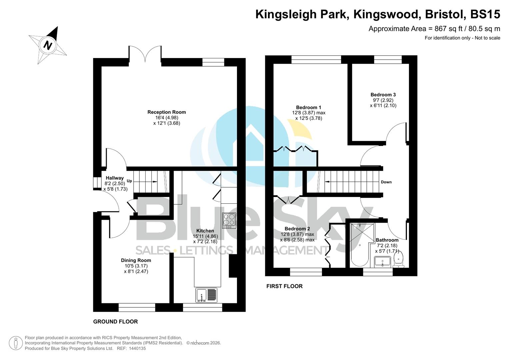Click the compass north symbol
coord(48,45)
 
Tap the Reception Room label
coord(166,112)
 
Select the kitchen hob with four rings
coord(229,220)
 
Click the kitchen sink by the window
coord(206,295)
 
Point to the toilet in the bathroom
coord(398,260)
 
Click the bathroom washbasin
coord(382,262)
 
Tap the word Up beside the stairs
coord(129,181)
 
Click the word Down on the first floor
coord(386,182)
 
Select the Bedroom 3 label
coord(383,95)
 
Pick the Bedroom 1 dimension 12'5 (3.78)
coord(309,118)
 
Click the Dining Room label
coord(136,260)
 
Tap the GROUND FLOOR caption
coord(115,322)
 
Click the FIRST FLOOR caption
coord(284,286)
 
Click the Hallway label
coord(114,178)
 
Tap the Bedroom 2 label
coord(297,229)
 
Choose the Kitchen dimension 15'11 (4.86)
coord(205,236)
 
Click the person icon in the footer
coord(15,343)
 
